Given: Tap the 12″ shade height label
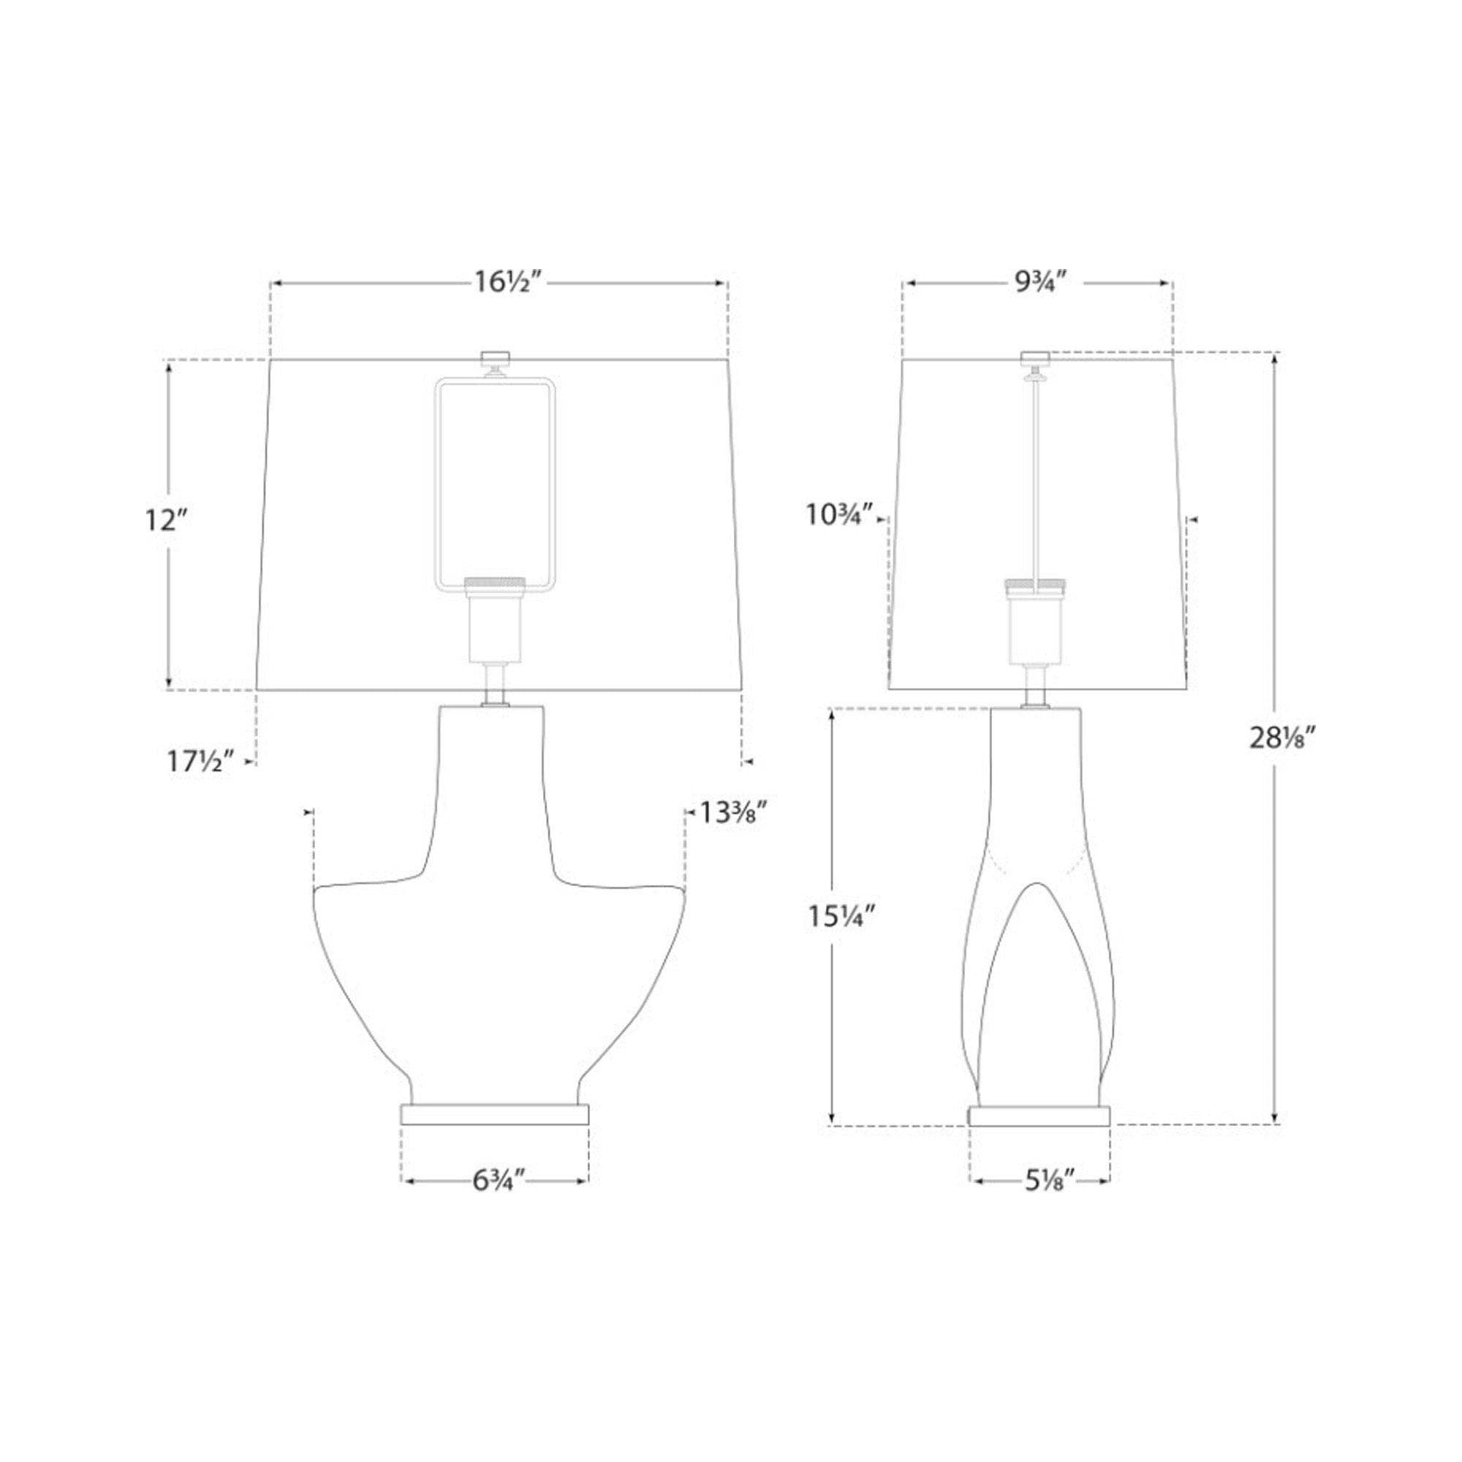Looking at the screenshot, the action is [165, 520].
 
